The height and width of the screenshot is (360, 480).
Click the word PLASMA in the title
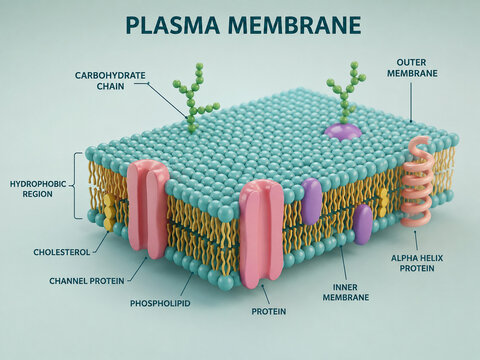[x=173, y=25]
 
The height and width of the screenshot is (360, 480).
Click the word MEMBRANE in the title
[x=295, y=25]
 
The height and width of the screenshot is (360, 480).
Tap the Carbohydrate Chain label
[x=110, y=81]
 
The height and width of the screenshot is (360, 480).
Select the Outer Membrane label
[x=412, y=68]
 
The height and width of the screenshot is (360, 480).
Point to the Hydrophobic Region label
[x=38, y=189]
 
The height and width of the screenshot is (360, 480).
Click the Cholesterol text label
[x=62, y=252]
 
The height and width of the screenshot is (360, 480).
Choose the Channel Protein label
[x=87, y=281]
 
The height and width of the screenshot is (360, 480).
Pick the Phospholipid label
[x=160, y=303]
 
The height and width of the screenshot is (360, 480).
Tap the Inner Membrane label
[x=346, y=292]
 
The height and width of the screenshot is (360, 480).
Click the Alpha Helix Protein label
[x=417, y=263]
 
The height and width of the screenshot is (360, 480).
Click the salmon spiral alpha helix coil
[x=417, y=182]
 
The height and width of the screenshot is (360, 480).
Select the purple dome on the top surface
[x=343, y=131]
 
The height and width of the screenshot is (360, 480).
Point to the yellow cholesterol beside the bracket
[x=109, y=213]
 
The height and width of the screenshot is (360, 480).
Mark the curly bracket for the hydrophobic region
[x=77, y=185]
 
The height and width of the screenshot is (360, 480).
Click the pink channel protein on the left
[x=148, y=208]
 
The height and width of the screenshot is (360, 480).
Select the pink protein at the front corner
[x=262, y=234]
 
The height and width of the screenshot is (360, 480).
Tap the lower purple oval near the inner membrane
[x=363, y=225]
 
